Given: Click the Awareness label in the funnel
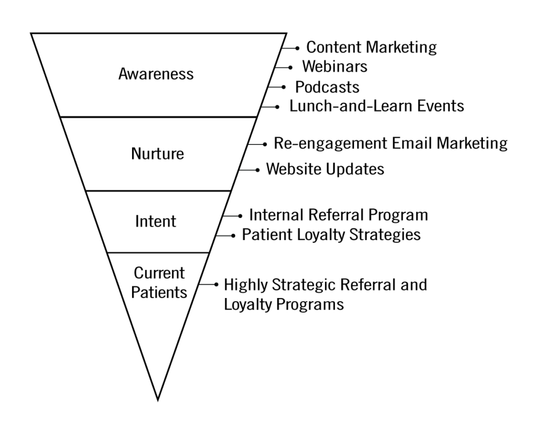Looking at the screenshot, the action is [156, 74].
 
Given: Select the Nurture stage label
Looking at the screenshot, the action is [157, 153].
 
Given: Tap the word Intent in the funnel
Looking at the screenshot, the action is [156, 221].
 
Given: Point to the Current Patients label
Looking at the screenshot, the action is [159, 283].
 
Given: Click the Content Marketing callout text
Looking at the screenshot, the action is [371, 47].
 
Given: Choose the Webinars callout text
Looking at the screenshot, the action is [334, 66].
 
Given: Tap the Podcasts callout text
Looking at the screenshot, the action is [327, 87].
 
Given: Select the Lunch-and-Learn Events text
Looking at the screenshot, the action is [377, 106].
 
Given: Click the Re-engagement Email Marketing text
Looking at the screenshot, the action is [390, 143].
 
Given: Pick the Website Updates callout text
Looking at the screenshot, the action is [325, 169].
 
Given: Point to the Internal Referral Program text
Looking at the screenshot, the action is [339, 215].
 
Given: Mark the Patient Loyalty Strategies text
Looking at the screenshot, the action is [331, 235].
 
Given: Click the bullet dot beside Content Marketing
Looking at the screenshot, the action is [297, 49].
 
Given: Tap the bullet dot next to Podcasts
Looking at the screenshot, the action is [284, 87].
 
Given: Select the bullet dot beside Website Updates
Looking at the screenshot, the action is [257, 170].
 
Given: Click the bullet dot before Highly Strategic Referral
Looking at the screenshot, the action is [216, 284].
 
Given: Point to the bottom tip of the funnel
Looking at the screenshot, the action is [157, 401].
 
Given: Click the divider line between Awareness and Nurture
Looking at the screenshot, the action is [158, 117].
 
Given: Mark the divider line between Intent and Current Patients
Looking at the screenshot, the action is [158, 253].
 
